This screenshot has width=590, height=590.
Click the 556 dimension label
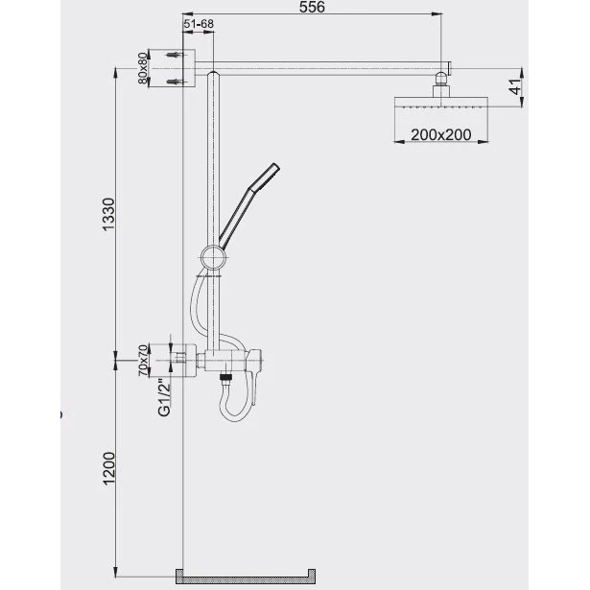pos(312,7)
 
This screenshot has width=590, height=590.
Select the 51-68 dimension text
pos(199,24)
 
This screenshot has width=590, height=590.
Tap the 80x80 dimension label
pos(142,68)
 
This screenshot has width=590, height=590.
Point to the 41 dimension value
pos(516,87)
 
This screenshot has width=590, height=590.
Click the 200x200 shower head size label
pos(441,134)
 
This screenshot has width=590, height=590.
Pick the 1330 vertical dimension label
pos(108,215)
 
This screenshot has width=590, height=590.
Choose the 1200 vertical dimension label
pos(108,468)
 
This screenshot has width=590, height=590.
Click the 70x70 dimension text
pos(143,360)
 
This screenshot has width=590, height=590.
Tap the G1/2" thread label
pos(164,397)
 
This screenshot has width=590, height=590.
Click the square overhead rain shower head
pos(441,103)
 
